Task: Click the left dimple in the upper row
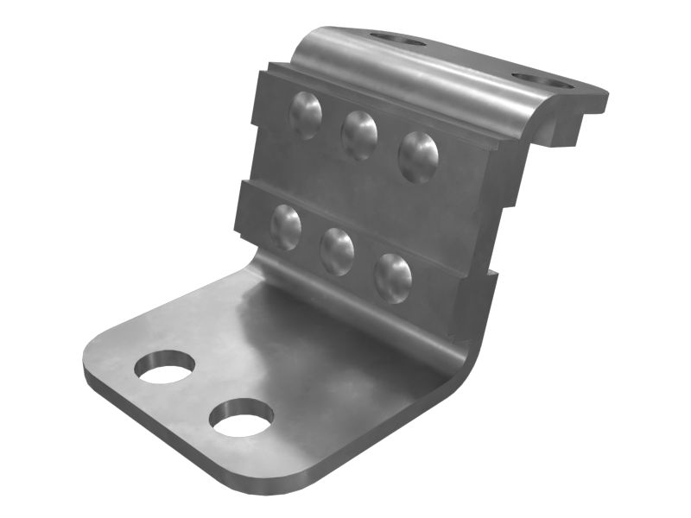pos(305,114)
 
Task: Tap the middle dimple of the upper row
pos(359,135)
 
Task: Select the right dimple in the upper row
pos(418,156)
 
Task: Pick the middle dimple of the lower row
pos(337,251)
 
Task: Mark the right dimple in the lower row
pos(392,277)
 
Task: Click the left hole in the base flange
pos(164,368)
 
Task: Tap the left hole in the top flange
pos(397,39)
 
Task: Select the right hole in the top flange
pos(542,81)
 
